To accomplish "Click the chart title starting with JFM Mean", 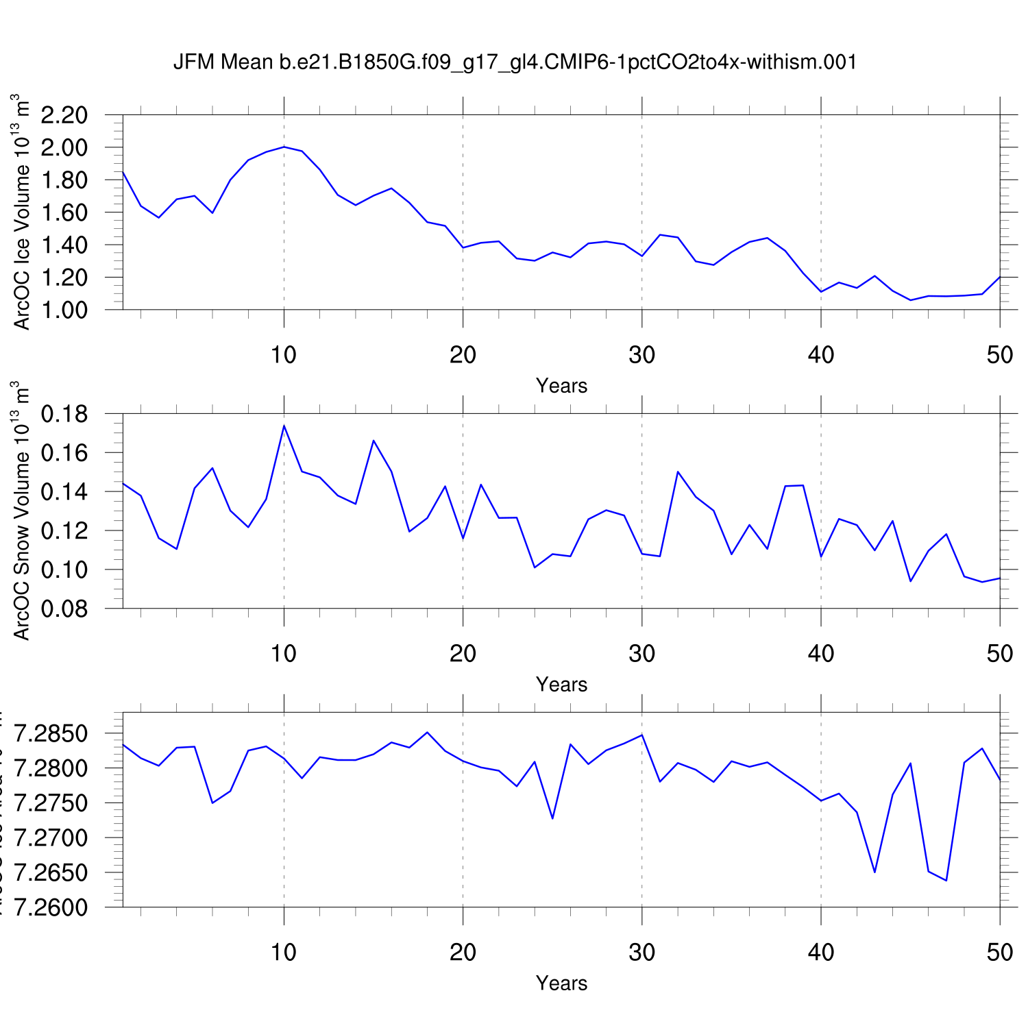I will click(515, 62).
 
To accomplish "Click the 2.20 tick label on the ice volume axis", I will click(64, 115).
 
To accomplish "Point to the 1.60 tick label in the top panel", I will click(64, 212).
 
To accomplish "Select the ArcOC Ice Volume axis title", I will click(23, 212).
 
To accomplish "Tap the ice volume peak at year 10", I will click(284, 147).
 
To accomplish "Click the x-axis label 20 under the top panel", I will click(463, 355).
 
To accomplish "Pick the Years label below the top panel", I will click(561, 386).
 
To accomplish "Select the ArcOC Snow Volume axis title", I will click(23, 511).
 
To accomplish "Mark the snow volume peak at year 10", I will click(284, 426).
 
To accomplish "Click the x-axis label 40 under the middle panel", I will click(820, 654).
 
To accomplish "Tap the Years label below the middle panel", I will click(561, 685).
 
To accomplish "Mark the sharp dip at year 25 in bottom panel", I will click(552, 818).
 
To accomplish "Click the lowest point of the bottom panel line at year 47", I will click(946, 881).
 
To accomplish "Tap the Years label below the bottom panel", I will click(561, 983).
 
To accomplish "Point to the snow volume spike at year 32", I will click(678, 472).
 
